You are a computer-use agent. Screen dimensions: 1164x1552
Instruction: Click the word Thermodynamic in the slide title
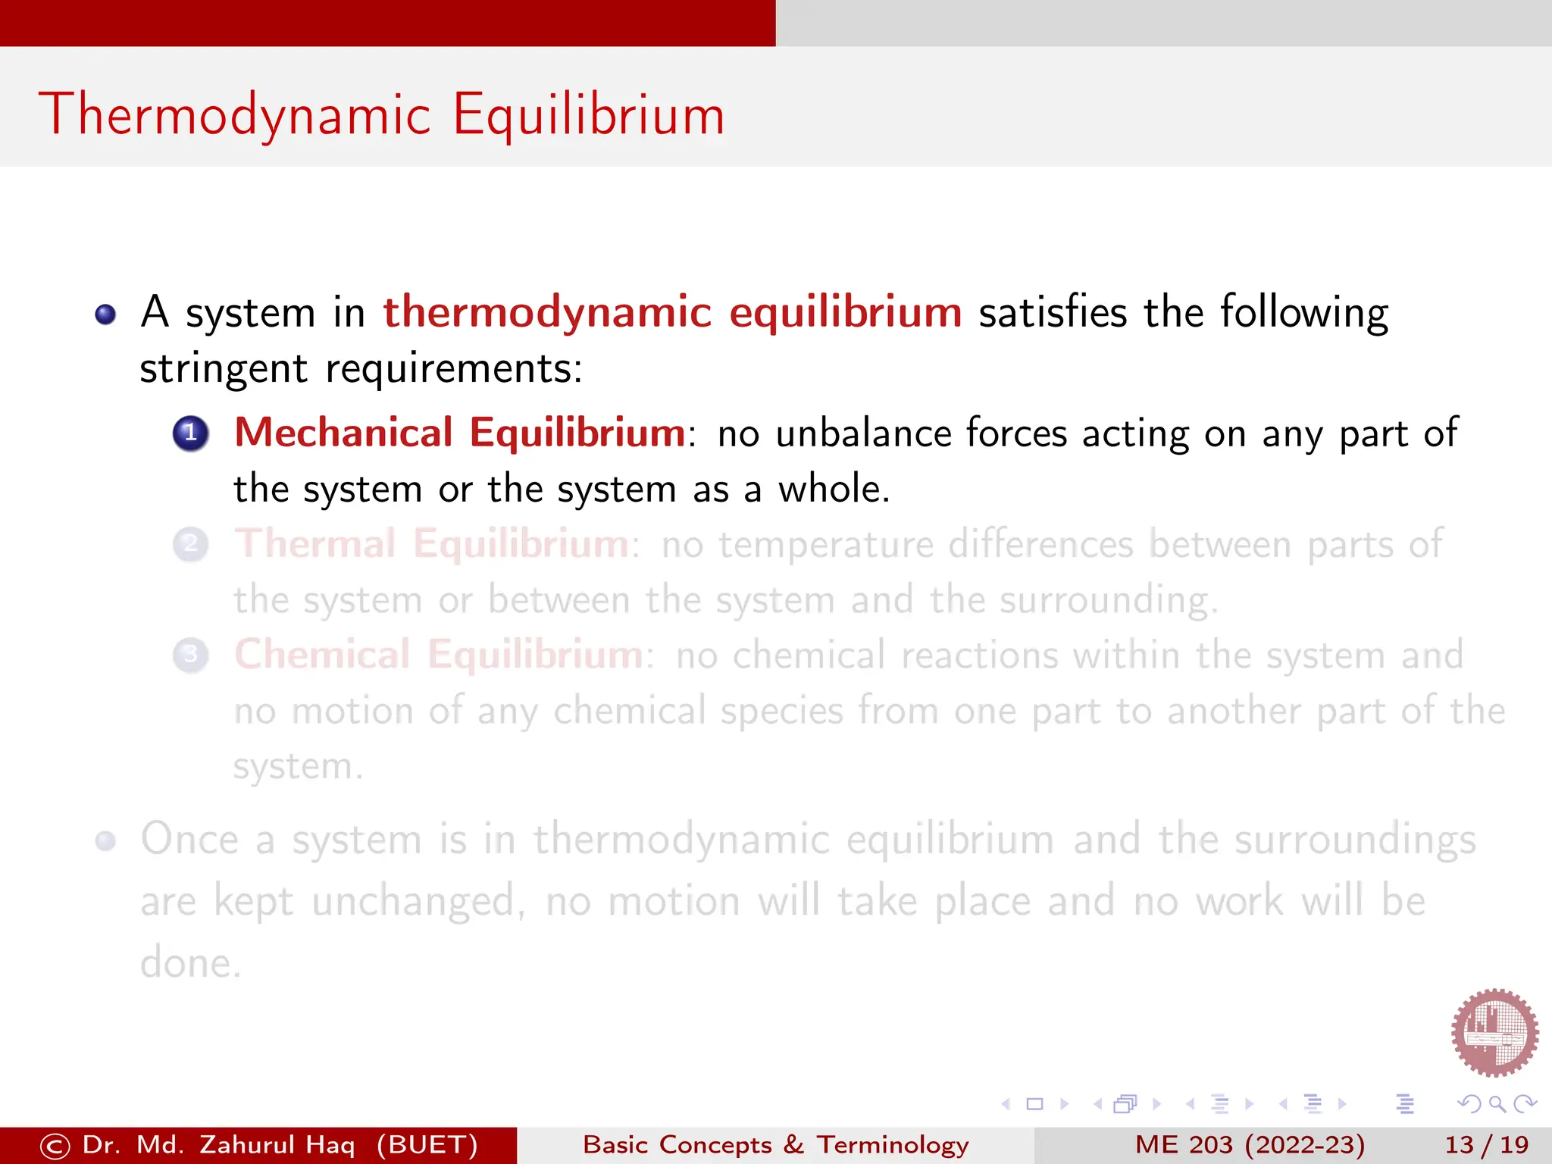[x=235, y=115]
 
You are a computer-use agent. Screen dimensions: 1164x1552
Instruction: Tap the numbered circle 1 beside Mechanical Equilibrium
[x=191, y=433]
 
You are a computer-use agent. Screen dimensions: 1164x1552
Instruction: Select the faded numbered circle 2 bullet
[x=191, y=544]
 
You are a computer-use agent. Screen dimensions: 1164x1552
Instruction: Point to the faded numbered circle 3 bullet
[x=191, y=655]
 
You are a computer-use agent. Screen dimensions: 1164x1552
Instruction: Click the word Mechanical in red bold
[x=343, y=433]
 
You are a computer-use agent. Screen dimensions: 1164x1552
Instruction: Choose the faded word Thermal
[x=315, y=544]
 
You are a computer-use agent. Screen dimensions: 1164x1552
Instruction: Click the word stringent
[x=224, y=369]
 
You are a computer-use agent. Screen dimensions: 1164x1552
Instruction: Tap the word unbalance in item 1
[x=863, y=433]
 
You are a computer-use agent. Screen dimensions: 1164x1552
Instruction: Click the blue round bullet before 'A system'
[x=105, y=314]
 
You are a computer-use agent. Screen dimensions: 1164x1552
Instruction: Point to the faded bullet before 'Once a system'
[x=105, y=840]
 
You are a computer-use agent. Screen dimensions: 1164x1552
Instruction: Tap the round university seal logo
[x=1494, y=1032]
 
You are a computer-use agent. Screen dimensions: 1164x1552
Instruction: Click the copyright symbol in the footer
[x=55, y=1146]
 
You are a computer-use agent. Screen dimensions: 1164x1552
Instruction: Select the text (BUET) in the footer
[x=427, y=1144]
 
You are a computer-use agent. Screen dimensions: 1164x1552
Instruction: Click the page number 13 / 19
[x=1486, y=1144]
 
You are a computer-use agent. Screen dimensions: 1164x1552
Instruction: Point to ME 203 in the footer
[x=1184, y=1144]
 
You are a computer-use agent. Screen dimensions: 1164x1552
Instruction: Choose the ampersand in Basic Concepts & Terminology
[x=793, y=1144]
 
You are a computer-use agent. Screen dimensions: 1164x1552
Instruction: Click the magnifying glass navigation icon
[x=1497, y=1104]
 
